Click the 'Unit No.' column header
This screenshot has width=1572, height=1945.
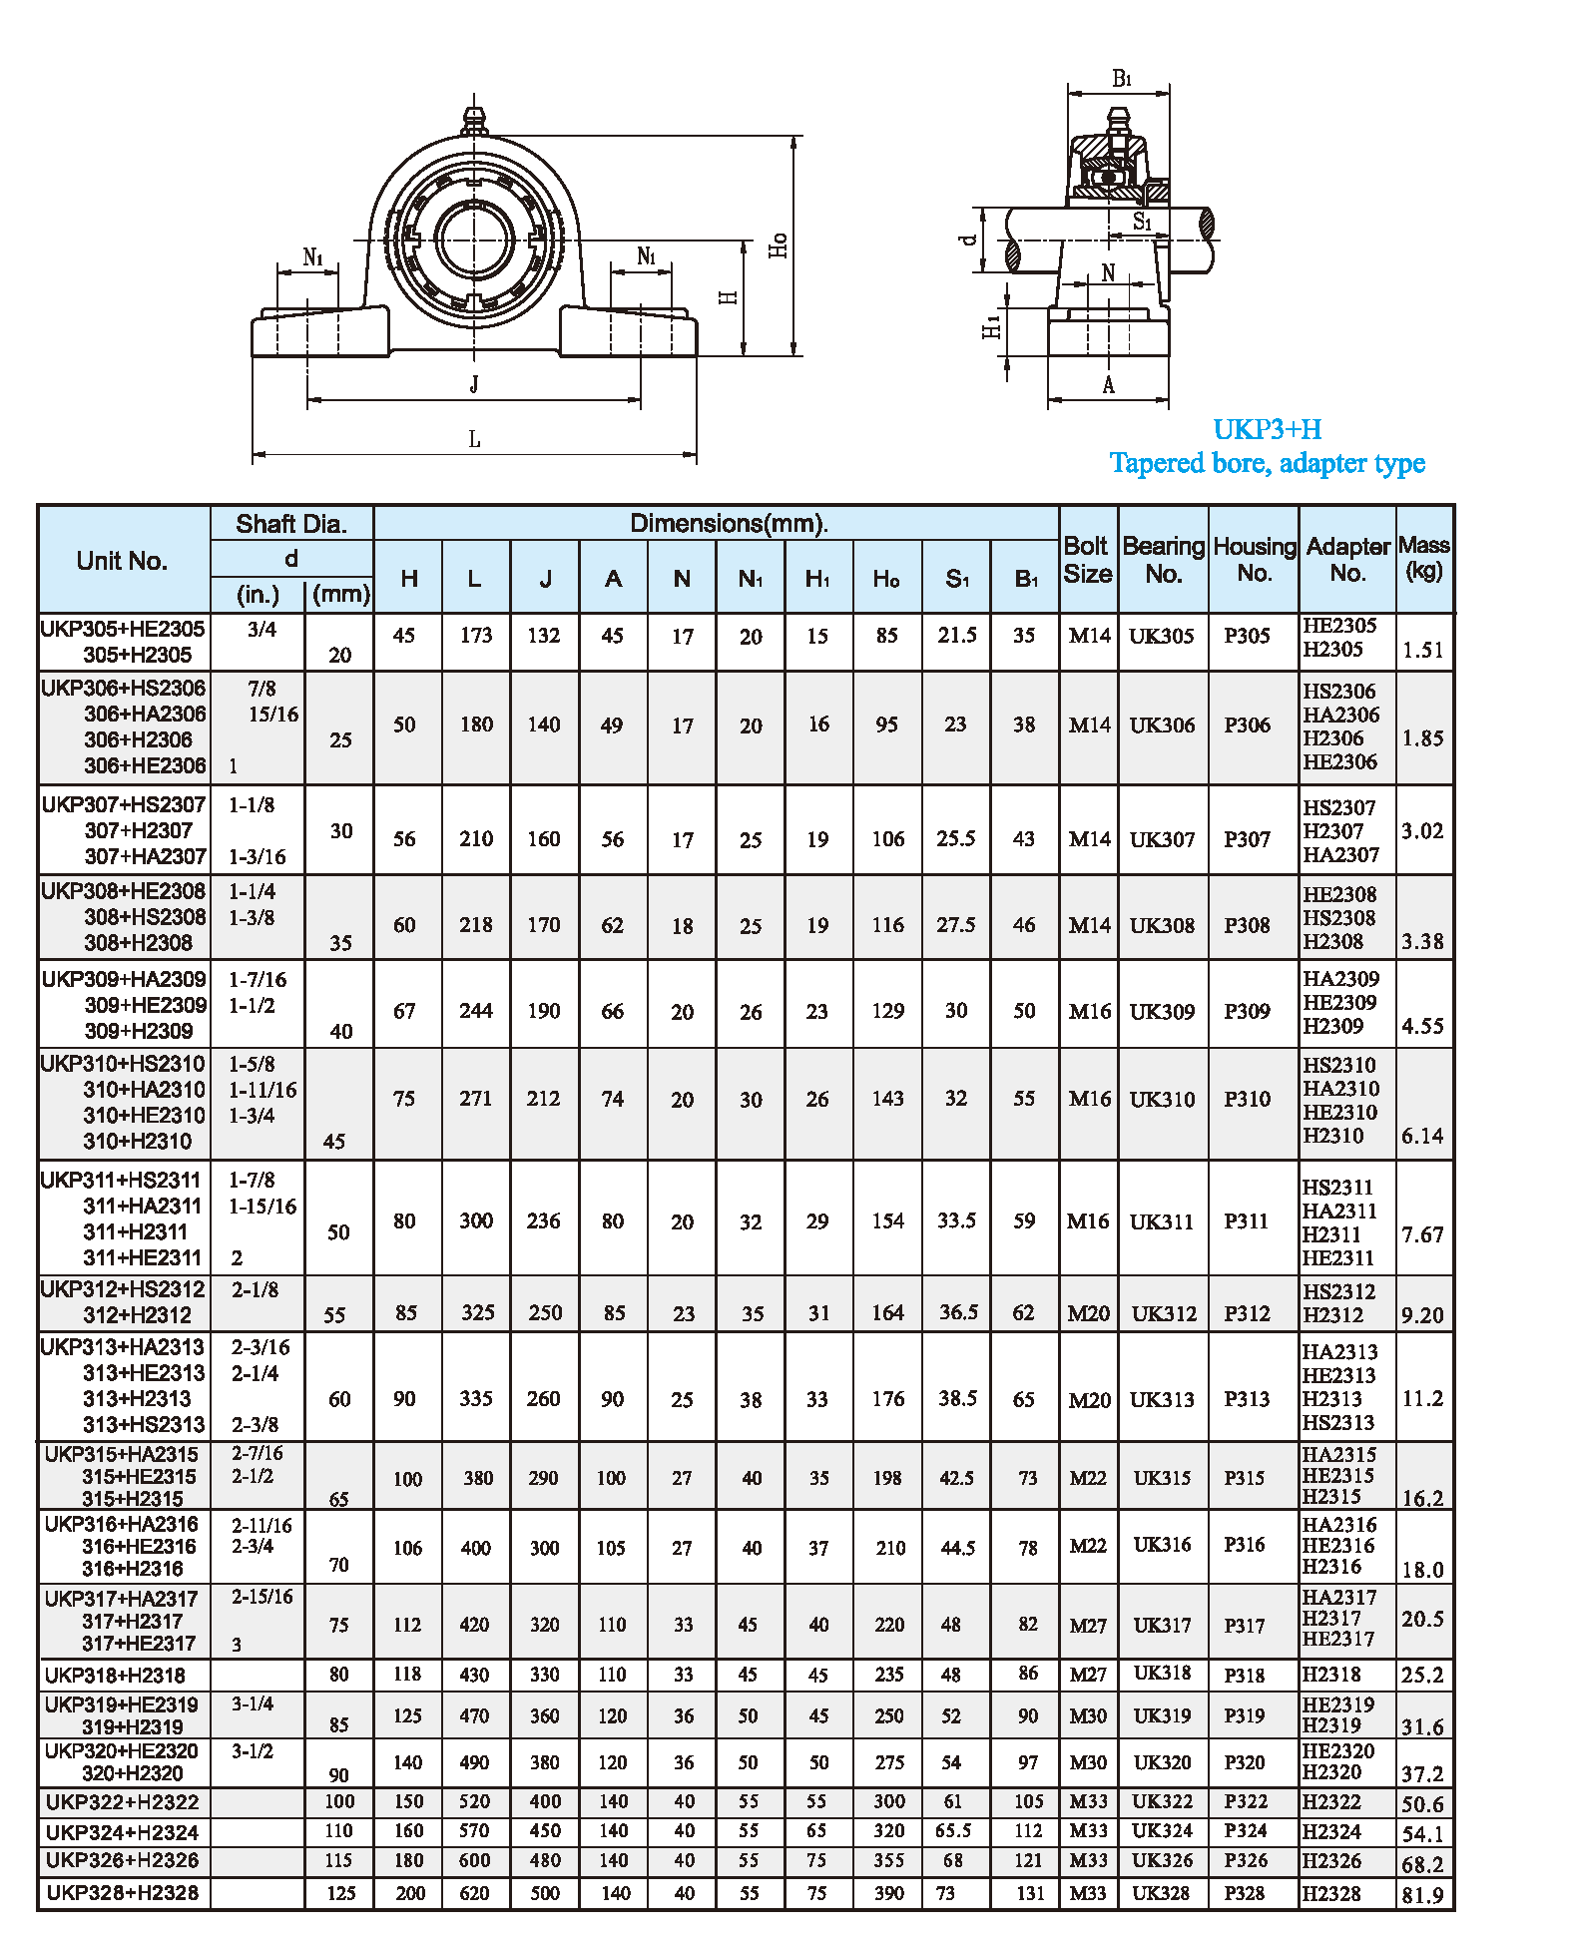click(x=122, y=561)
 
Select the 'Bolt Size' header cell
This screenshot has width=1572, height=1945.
click(x=1087, y=560)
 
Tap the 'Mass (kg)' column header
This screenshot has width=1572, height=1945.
click(x=1423, y=558)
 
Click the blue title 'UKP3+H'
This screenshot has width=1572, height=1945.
click(x=1267, y=429)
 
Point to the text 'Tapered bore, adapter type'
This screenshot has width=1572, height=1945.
click(x=1267, y=463)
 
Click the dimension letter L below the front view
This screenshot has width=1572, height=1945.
click(x=474, y=439)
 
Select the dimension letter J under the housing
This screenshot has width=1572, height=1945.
click(x=474, y=384)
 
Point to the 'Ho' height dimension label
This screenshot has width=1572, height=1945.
click(x=779, y=245)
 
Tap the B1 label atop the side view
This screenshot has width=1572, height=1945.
click(x=1122, y=79)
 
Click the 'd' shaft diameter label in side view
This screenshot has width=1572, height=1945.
click(x=967, y=240)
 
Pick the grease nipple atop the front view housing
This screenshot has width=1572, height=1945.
click(x=473, y=119)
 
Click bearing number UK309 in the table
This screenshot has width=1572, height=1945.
click(x=1162, y=1011)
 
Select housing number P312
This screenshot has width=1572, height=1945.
click(x=1247, y=1313)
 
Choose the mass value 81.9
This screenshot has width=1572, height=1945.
click(x=1422, y=1895)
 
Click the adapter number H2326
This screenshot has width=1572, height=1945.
click(x=1330, y=1861)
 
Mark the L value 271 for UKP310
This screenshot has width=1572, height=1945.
click(x=476, y=1099)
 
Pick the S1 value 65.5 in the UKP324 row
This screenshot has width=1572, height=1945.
click(x=953, y=1831)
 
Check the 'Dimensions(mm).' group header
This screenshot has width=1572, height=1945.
click(x=729, y=524)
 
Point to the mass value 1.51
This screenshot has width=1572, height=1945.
click(x=1422, y=651)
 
